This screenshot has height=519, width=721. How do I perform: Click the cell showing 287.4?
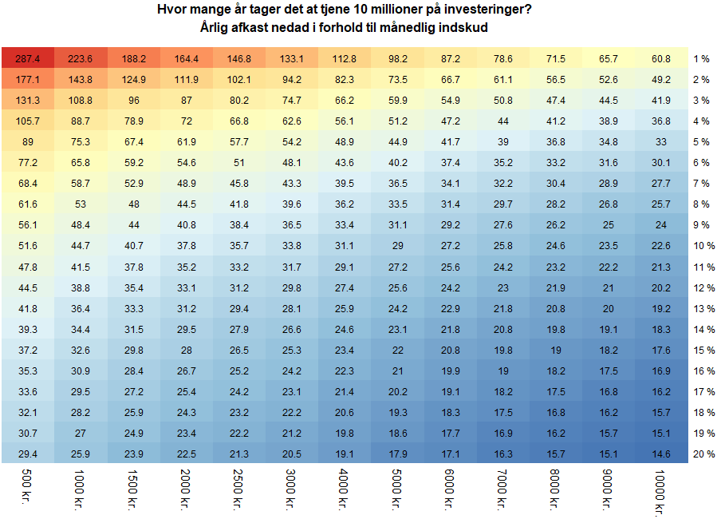click(x=28, y=58)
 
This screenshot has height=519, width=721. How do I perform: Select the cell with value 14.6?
click(x=661, y=454)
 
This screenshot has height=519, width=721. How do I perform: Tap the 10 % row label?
click(x=704, y=246)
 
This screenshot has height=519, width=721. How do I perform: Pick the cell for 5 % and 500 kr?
click(x=28, y=142)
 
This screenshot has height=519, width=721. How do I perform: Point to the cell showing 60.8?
click(x=661, y=58)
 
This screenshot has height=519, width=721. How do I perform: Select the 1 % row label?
click(x=702, y=59)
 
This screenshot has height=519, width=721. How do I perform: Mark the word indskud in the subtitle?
click(x=465, y=27)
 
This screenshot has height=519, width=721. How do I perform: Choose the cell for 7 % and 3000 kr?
click(x=292, y=184)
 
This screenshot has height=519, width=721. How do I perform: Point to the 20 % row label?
click(x=704, y=454)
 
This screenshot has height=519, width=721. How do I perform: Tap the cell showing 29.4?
click(x=28, y=454)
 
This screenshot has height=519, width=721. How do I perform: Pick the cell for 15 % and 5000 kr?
click(x=397, y=350)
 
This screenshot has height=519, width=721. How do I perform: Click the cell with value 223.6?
click(x=81, y=58)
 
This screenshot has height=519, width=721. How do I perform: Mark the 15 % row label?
click(x=704, y=350)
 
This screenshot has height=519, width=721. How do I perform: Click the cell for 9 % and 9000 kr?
click(x=609, y=225)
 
